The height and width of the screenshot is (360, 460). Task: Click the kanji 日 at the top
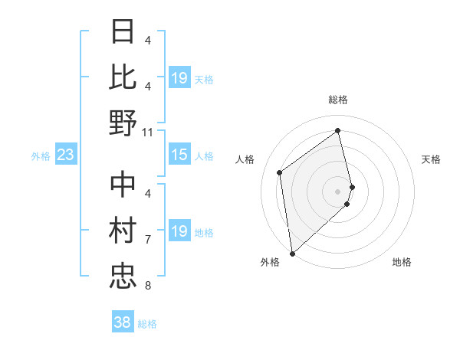pyautogui.click(x=123, y=32)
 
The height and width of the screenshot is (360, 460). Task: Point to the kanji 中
pyautogui.click(x=123, y=184)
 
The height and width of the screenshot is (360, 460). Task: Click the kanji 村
pyautogui.click(x=123, y=229)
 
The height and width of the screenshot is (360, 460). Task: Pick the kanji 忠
pyautogui.click(x=123, y=274)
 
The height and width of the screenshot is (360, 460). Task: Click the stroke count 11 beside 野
pyautogui.click(x=148, y=132)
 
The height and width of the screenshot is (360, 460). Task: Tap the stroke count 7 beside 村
pyautogui.click(x=147, y=240)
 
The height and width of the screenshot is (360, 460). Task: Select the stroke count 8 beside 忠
pyautogui.click(x=147, y=286)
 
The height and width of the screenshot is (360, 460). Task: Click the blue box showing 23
pyautogui.click(x=65, y=155)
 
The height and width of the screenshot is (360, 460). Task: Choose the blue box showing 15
pyautogui.click(x=179, y=155)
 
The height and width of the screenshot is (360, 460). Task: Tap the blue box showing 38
pyautogui.click(x=122, y=322)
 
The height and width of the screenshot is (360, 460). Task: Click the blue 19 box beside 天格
pyautogui.click(x=179, y=78)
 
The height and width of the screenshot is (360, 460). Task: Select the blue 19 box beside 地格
pyautogui.click(x=179, y=232)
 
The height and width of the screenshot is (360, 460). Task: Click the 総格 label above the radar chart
pyautogui.click(x=338, y=100)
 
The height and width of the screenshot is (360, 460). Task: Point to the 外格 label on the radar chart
pyautogui.click(x=270, y=262)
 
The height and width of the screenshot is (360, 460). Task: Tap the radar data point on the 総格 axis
pyautogui.click(x=338, y=130)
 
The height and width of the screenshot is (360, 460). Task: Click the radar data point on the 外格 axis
pyautogui.click(x=292, y=254)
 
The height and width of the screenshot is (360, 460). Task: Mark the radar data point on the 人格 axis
pyautogui.click(x=280, y=172)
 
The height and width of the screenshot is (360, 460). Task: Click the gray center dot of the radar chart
pyautogui.click(x=338, y=191)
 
